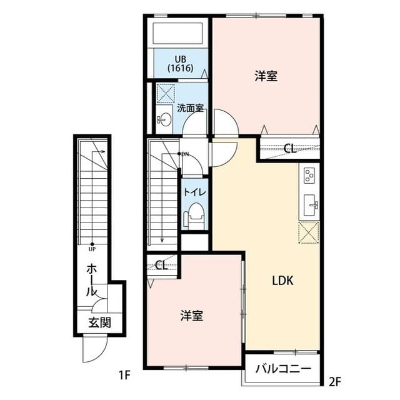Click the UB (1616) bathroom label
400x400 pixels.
tap(179, 63)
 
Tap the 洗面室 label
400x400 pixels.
tap(190, 107)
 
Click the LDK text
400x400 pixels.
tap(282, 280)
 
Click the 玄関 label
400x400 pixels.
tap(99, 323)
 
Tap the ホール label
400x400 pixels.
tap(91, 280)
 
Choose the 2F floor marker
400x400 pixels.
tap(334, 379)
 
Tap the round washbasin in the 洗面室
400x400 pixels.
tap(164, 119)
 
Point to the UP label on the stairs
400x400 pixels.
tap(92, 249)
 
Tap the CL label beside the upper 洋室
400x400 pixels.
tap(289, 148)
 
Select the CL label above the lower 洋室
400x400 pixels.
tap(160, 264)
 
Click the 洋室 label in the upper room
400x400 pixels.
tap(266, 76)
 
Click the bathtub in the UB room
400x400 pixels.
tap(179, 33)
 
